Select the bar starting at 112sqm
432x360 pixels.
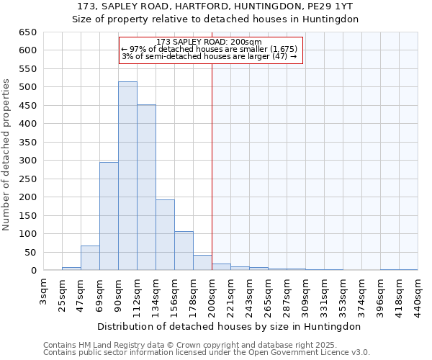click(x=146, y=187)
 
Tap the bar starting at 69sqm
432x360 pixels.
click(x=109, y=216)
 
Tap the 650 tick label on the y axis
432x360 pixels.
click(x=27, y=32)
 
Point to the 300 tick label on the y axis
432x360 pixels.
click(x=27, y=161)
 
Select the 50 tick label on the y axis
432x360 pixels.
click(x=30, y=252)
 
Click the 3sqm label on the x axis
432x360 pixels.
click(x=44, y=290)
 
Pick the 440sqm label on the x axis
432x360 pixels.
click(x=418, y=294)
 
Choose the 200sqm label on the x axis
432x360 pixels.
click(x=212, y=294)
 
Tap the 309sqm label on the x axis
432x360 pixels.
click(x=305, y=294)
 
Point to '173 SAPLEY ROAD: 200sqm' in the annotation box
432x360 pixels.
click(x=209, y=42)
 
